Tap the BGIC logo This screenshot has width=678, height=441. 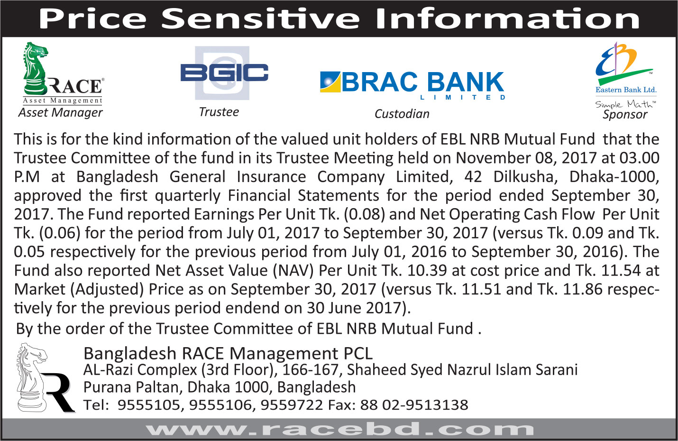[x=224, y=73]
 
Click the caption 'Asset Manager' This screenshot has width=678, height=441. [x=61, y=112]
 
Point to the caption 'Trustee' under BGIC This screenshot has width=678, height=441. [x=219, y=112]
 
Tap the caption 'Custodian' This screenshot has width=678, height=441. [x=402, y=114]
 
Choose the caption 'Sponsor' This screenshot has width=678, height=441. [x=625, y=115]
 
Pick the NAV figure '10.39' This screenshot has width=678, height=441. [x=427, y=270]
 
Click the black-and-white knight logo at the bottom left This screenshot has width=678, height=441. [x=46, y=378]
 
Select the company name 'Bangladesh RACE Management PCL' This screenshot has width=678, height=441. [x=228, y=353]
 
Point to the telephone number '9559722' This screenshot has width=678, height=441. [x=292, y=405]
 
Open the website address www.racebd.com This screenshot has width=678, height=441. [x=339, y=429]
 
